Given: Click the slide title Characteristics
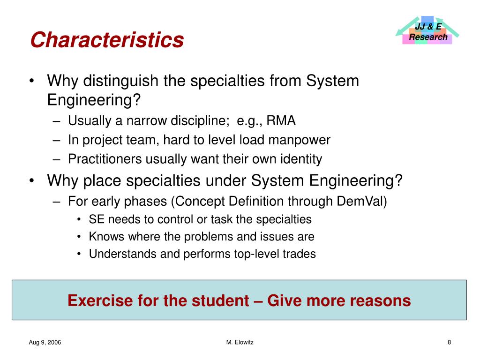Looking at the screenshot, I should pos(107,40).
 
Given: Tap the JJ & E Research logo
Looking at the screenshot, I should pos(427,31).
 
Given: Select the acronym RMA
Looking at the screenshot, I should pos(281,121).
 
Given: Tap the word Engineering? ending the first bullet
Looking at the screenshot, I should pos(94,100).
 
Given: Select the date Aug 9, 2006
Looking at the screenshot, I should pos(45,343).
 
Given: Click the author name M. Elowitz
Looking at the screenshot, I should pos(240,343).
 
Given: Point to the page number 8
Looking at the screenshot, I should pos(449,343).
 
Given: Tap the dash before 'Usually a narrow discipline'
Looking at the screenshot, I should pos(57,121).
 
